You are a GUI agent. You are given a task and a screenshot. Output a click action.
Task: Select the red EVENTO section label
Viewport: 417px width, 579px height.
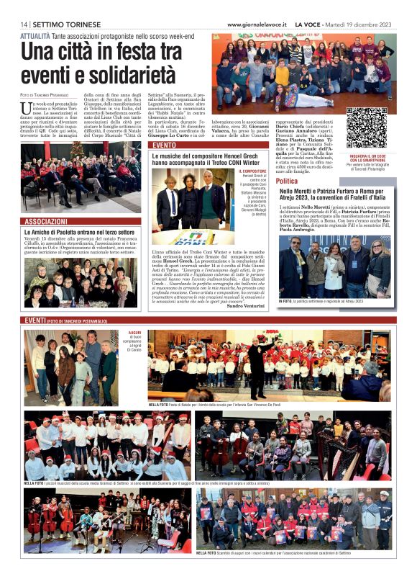tap(164, 145)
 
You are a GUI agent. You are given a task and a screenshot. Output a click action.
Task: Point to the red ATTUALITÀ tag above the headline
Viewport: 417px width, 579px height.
tap(35, 35)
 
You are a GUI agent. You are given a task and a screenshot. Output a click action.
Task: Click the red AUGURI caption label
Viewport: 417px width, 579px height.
tap(135, 333)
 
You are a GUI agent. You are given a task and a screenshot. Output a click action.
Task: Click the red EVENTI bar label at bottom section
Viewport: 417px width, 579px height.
tap(35, 320)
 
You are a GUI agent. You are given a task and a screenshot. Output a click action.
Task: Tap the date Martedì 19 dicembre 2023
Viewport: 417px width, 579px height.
tap(364, 24)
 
